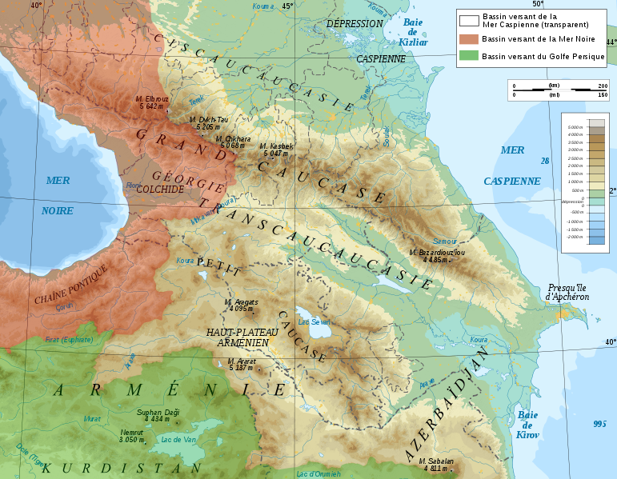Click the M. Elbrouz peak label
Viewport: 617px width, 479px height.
(x=152, y=102)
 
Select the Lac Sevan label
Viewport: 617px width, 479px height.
(x=314, y=322)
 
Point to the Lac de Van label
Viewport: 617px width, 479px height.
(x=178, y=438)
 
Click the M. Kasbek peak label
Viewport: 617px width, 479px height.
(x=276, y=150)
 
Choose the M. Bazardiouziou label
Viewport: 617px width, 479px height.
(x=437, y=256)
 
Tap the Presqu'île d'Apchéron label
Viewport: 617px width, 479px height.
(x=568, y=292)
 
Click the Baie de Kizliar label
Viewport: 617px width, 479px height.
(x=414, y=32)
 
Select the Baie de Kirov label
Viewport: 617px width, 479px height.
(x=528, y=425)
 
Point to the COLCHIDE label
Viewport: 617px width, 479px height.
(x=160, y=190)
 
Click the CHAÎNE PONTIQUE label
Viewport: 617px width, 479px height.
(x=70, y=285)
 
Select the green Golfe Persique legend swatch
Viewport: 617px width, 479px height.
(x=468, y=56)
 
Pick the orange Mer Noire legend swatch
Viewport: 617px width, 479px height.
(x=468, y=39)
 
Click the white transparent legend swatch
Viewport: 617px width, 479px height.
(x=468, y=20)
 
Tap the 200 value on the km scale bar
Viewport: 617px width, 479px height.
(x=603, y=86)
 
